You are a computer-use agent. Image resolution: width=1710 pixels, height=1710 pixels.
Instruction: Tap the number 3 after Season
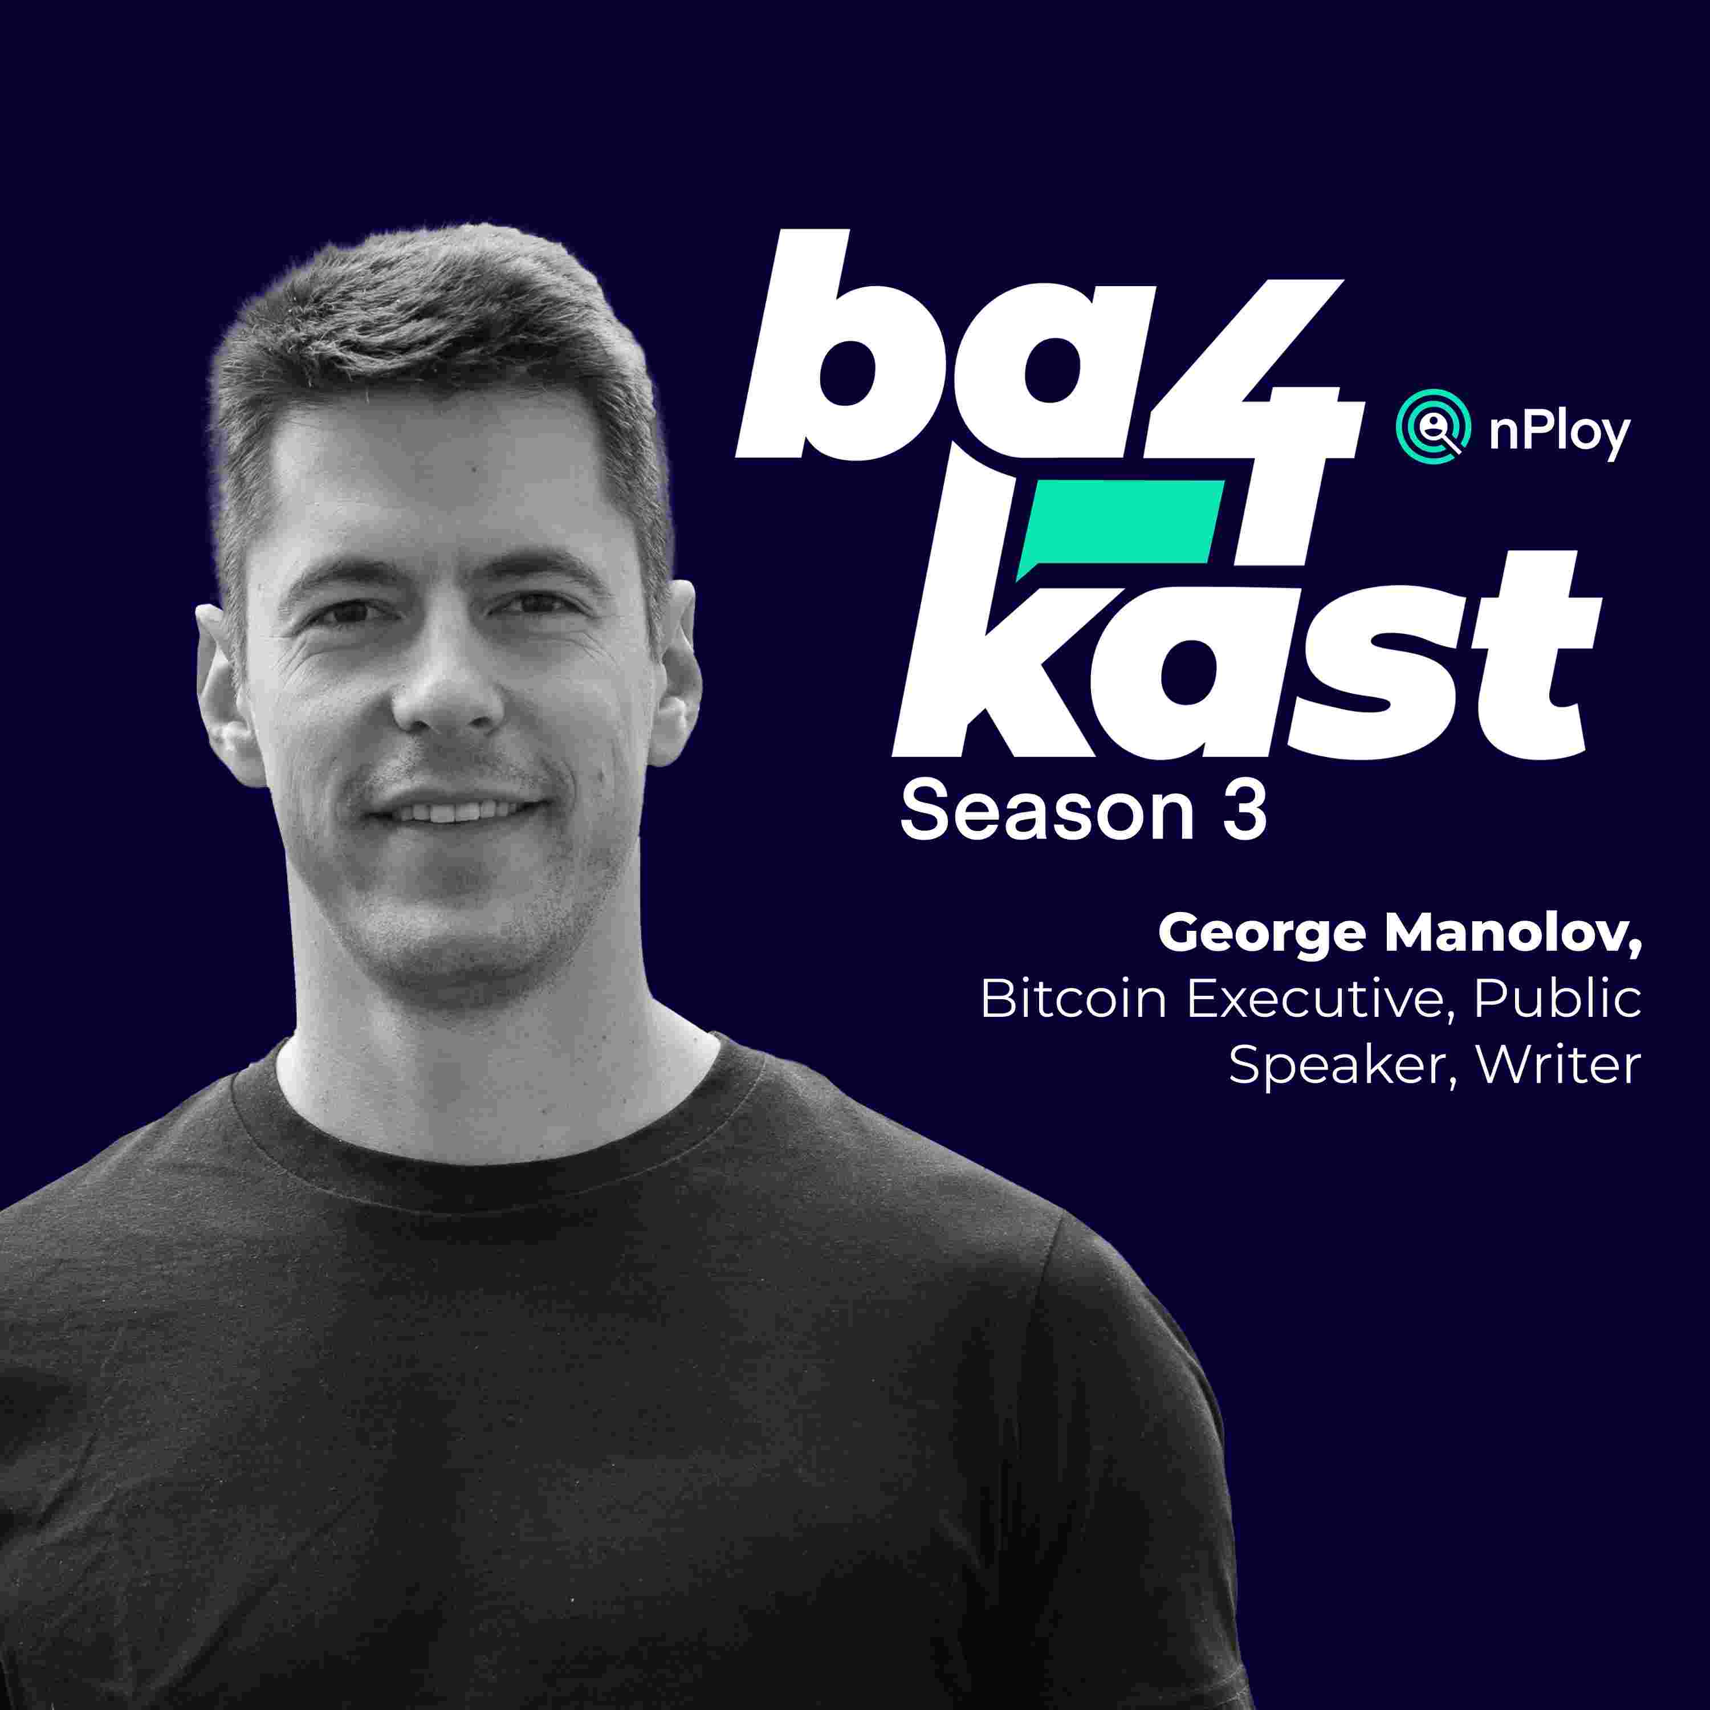coord(1244,812)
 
